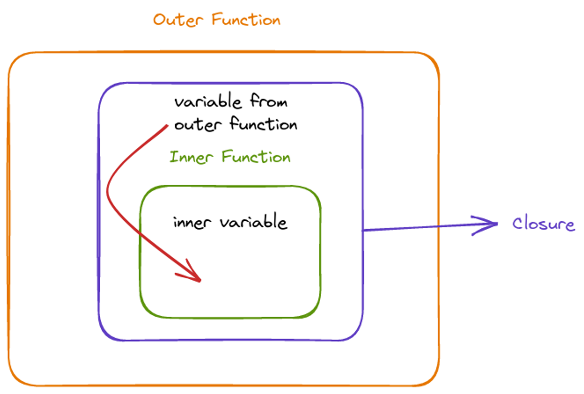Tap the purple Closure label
[543, 224]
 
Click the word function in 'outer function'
[263, 125]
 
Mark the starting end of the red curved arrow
[167, 126]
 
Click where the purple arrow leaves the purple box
[364, 230]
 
